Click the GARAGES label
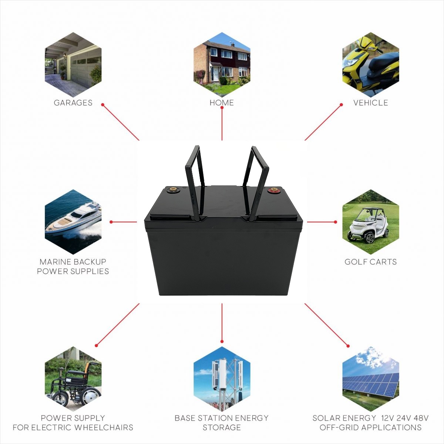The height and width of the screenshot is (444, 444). (73, 103)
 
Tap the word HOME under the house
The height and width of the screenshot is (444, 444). (222, 103)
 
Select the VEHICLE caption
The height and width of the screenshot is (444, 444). (371, 103)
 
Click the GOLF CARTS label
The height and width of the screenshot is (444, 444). (371, 262)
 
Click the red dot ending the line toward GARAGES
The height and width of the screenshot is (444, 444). (103, 104)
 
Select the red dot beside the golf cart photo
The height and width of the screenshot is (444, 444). (336, 222)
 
